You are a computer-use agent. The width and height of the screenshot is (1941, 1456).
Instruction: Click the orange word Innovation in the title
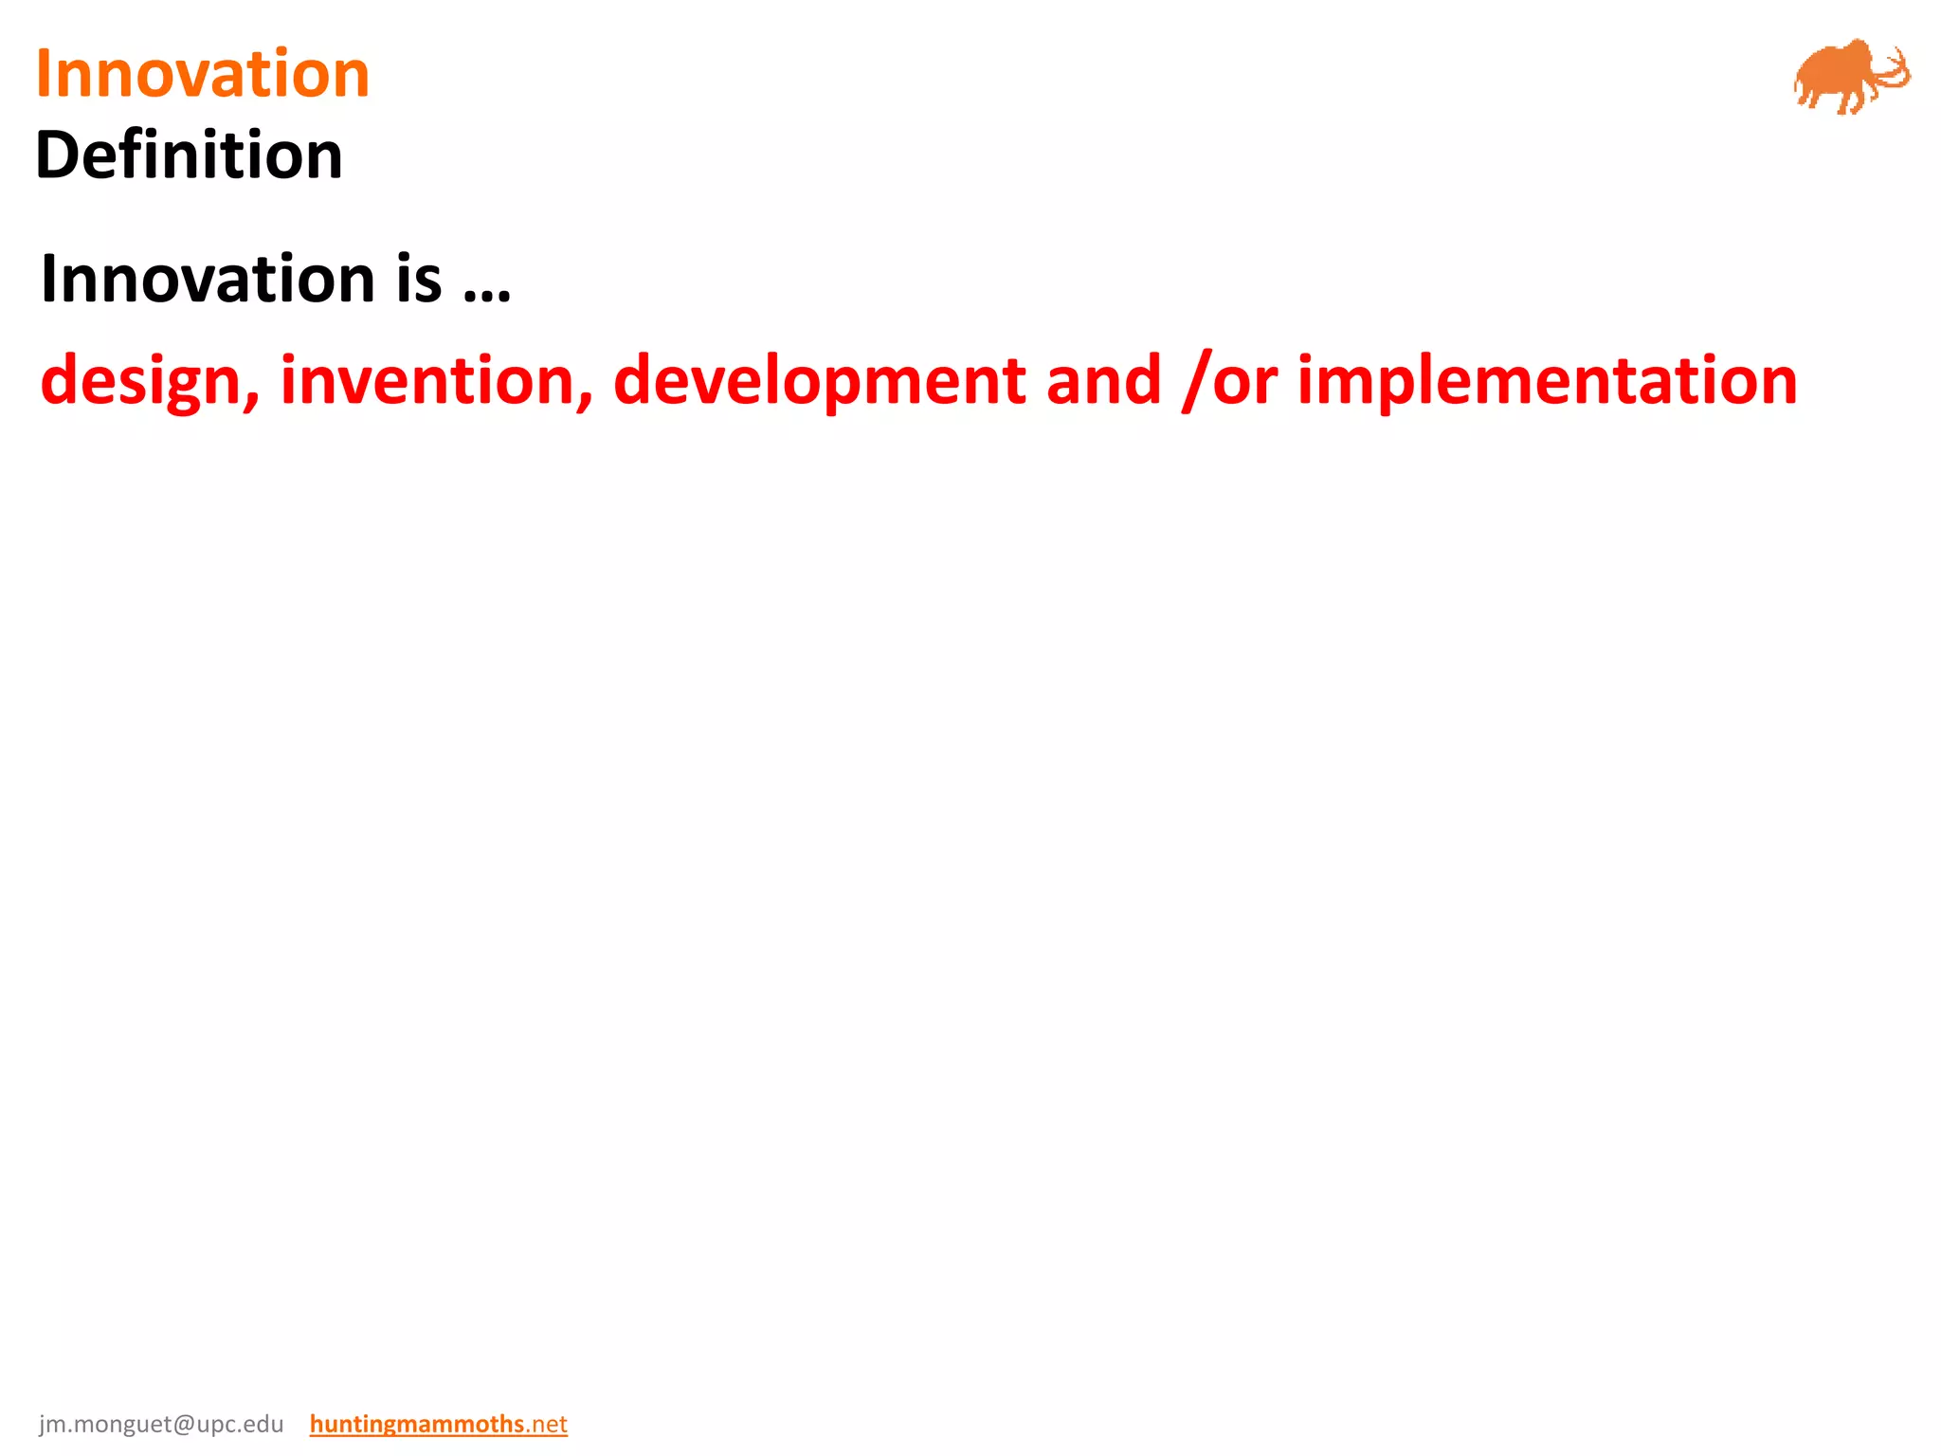click(x=202, y=74)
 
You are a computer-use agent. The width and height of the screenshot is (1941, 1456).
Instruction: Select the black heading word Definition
click(x=189, y=155)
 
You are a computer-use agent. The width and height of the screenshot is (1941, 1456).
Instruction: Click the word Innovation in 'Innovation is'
click(x=208, y=279)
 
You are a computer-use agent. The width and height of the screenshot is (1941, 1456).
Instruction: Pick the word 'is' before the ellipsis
click(x=418, y=279)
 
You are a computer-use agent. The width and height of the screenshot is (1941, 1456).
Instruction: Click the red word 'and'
click(x=1103, y=379)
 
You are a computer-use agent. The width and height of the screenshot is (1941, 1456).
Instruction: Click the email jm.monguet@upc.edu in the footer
click(x=161, y=1424)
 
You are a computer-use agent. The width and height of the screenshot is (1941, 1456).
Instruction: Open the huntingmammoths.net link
click(x=438, y=1424)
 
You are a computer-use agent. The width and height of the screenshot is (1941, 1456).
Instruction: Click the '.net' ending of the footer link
click(x=547, y=1424)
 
